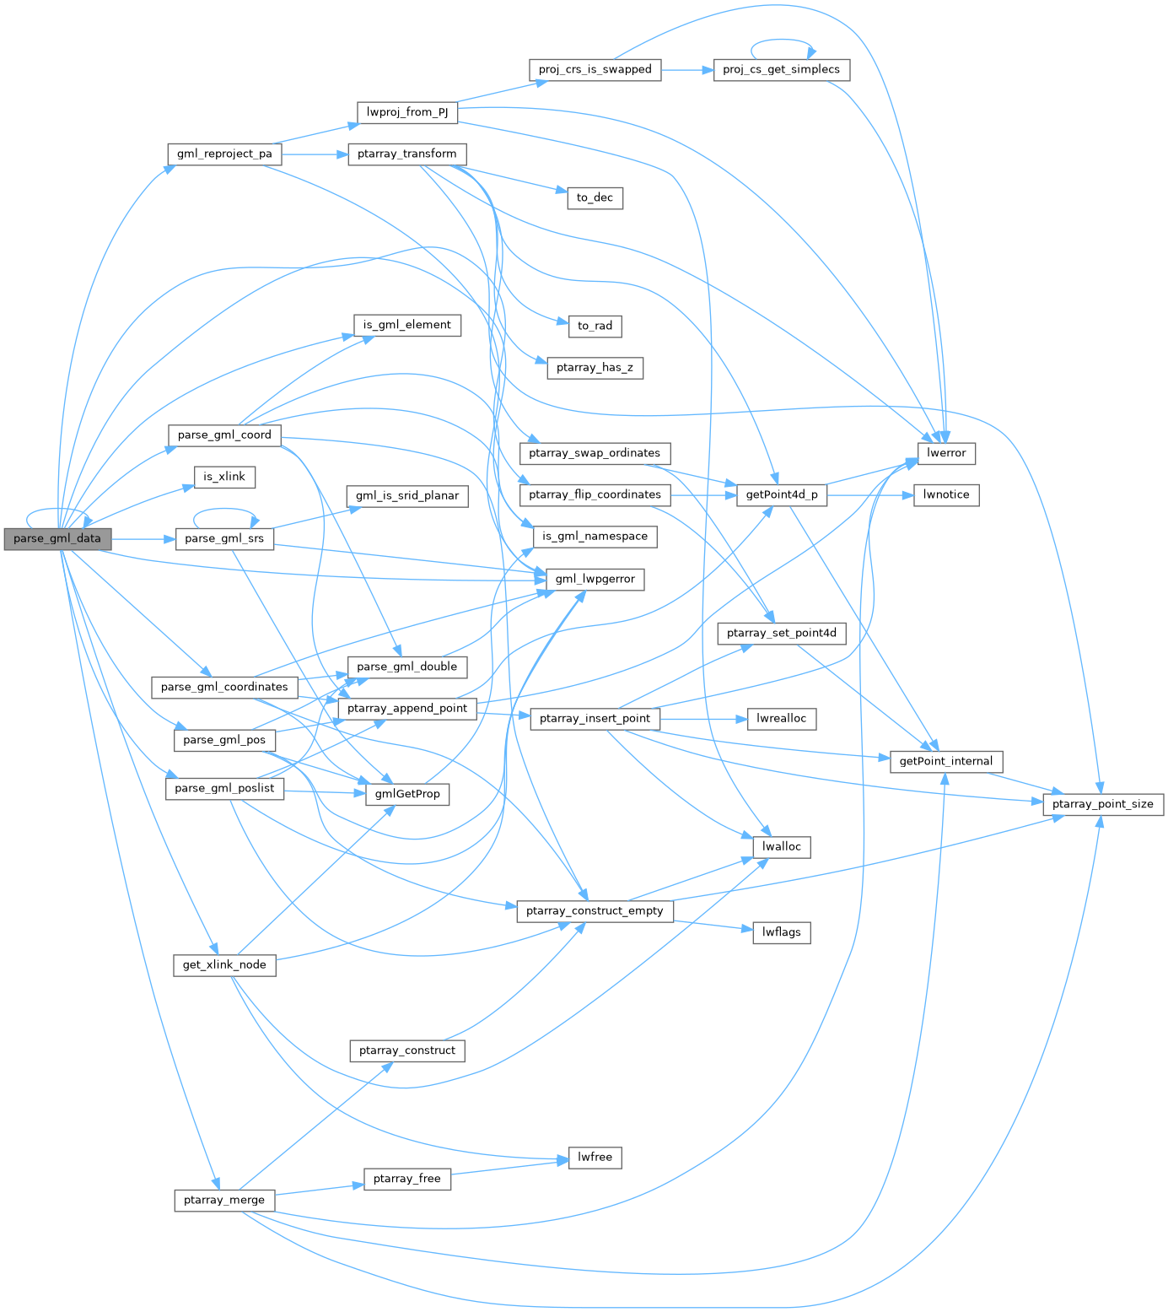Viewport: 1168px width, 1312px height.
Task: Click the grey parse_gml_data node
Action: point(57,538)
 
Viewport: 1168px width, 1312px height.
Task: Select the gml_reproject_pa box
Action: point(224,154)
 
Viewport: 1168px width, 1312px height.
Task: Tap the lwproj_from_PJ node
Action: point(407,112)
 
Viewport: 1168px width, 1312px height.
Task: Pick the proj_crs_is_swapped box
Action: point(595,69)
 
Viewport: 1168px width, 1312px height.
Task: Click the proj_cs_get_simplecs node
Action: point(781,69)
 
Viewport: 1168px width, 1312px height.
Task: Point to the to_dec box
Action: point(595,197)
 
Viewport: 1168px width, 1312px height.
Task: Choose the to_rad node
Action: point(595,326)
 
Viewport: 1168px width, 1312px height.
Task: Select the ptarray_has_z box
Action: point(595,368)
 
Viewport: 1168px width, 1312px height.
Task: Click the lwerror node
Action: point(946,453)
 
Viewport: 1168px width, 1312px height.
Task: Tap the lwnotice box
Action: point(946,494)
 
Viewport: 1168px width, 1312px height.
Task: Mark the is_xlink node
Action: point(224,477)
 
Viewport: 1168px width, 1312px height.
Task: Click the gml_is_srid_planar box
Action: point(407,495)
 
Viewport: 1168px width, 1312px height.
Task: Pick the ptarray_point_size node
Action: point(1102,804)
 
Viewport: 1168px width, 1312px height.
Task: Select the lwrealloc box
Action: point(781,719)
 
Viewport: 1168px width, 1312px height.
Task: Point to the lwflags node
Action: point(781,932)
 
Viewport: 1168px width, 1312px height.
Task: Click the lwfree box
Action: point(595,1158)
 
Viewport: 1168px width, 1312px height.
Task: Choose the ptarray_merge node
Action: point(224,1200)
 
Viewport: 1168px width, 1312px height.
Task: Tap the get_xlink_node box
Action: point(224,965)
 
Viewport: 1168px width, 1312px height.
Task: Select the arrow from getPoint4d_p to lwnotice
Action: point(869,495)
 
